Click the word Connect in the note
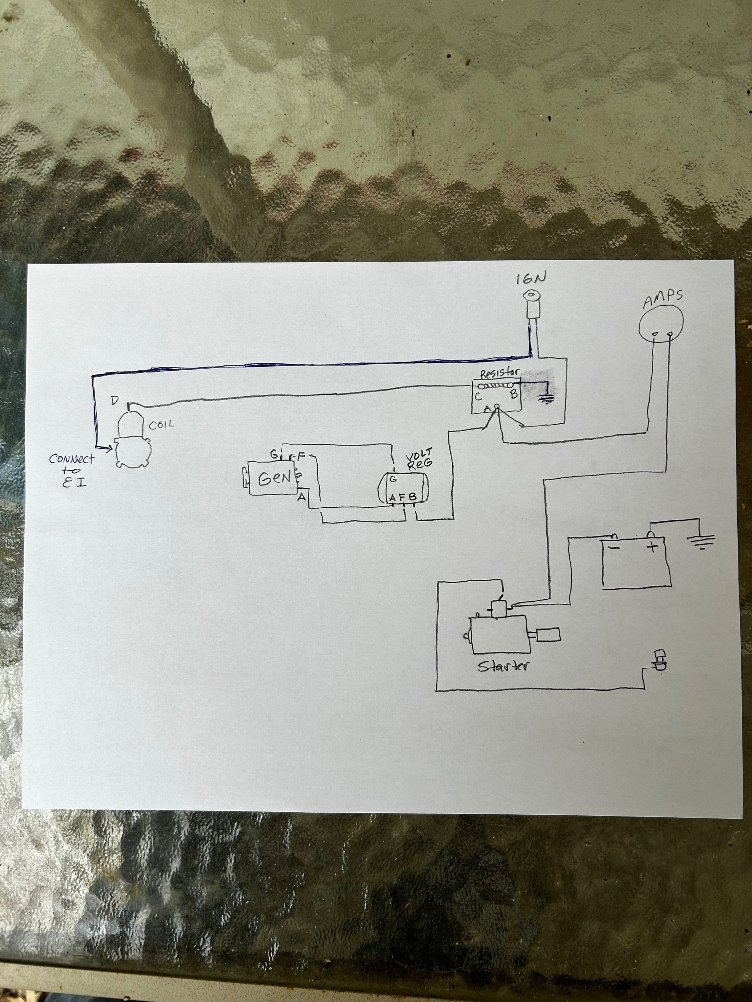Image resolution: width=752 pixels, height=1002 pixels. [x=72, y=459]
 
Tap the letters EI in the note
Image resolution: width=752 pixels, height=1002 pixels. [x=74, y=481]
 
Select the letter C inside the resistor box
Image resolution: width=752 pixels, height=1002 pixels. [x=477, y=396]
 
